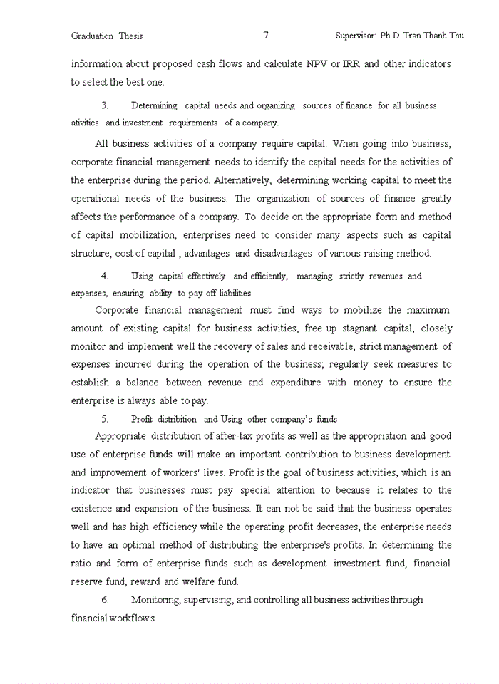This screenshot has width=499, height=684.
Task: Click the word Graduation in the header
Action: [x=92, y=36]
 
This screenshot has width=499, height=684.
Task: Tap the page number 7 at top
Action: [x=266, y=35]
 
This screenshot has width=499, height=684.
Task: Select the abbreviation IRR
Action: [x=351, y=63]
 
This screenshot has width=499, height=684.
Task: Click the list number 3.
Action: [x=104, y=105]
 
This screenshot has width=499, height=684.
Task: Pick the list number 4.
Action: [x=104, y=276]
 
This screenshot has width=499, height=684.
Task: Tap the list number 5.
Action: [x=104, y=419]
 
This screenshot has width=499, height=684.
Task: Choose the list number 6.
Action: [x=104, y=600]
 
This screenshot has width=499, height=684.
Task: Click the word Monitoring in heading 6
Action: [x=156, y=600]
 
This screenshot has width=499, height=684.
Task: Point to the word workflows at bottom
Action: [x=131, y=618]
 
